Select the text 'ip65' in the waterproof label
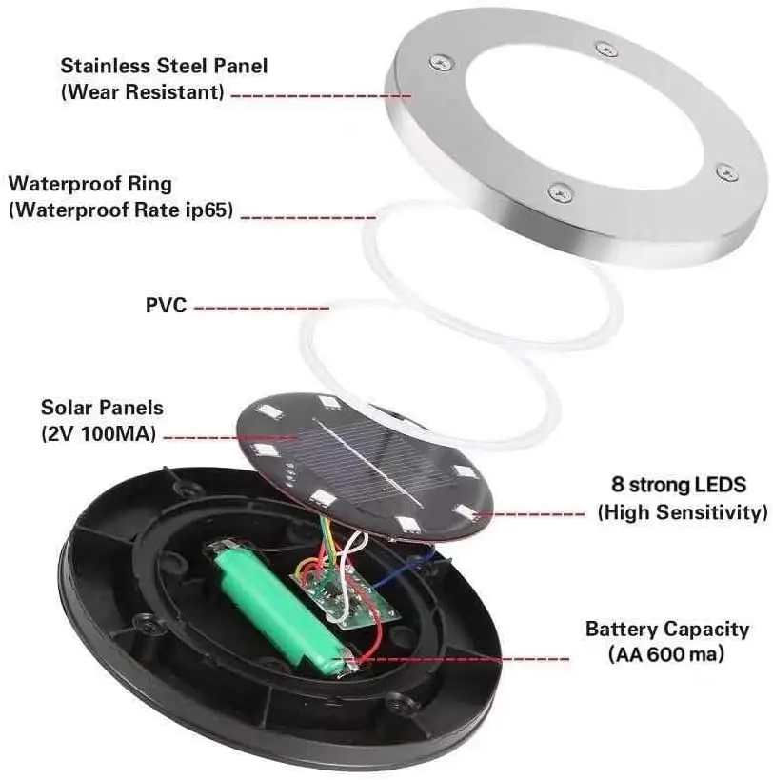pyautogui.click(x=209, y=210)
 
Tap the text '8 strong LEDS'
pyautogui.click(x=683, y=484)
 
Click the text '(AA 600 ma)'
pyautogui.click(x=665, y=654)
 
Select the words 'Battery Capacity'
pyautogui.click(x=666, y=630)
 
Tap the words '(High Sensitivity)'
pyautogui.click(x=683, y=512)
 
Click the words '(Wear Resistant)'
pyautogui.click(x=143, y=92)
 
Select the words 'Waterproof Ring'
pyautogui.click(x=90, y=184)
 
